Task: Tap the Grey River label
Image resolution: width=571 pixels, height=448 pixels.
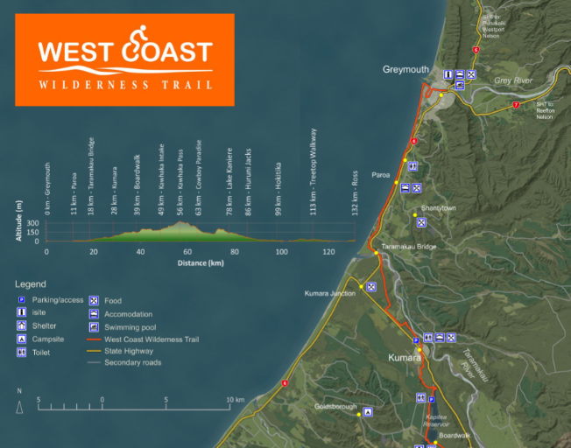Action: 513,80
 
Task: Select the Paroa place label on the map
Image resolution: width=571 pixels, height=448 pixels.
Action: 381,174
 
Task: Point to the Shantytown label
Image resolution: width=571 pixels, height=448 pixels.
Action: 436,207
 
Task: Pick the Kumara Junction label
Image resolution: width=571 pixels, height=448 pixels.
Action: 329,293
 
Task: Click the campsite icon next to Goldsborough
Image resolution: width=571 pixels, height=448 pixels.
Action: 368,411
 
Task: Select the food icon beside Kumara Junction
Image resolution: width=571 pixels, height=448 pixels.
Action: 371,286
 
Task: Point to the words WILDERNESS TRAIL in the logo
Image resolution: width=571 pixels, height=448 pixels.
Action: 125,85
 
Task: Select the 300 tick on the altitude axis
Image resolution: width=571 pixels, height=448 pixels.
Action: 32,224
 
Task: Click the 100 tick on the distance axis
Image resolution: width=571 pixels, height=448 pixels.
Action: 281,252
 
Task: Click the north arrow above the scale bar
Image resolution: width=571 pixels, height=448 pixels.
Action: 19,406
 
